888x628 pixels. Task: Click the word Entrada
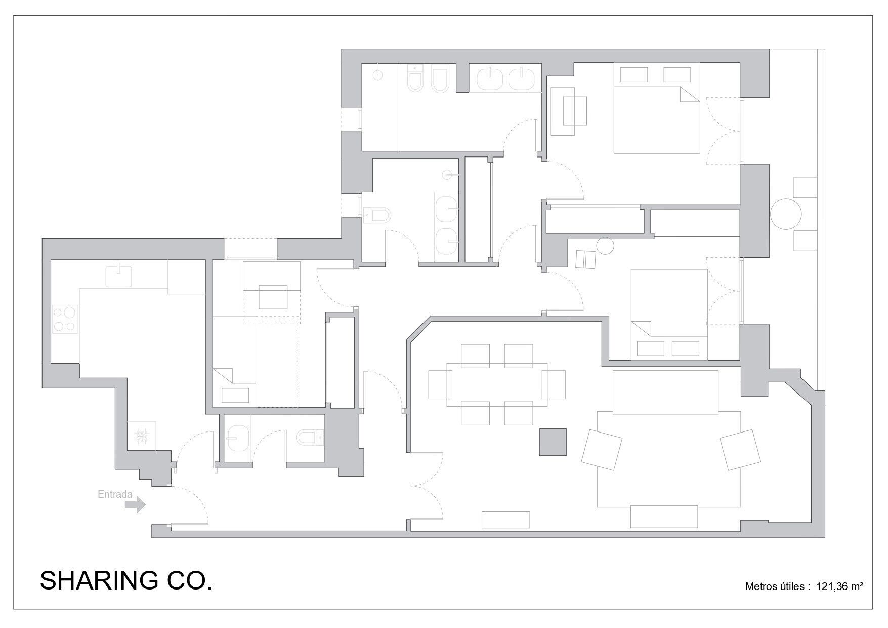pos(115,494)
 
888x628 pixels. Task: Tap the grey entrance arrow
pos(136,505)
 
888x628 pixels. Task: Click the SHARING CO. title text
pos(126,580)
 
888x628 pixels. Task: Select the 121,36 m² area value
pos(839,586)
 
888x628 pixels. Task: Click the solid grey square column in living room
pos(553,442)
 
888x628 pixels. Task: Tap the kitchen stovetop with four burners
pos(66,319)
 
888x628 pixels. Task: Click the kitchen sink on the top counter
pos(118,276)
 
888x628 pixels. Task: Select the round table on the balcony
pos(786,213)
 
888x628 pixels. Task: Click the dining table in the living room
pos(497,385)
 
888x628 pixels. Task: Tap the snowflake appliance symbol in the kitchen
pos(141,435)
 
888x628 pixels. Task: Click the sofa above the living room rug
pos(665,392)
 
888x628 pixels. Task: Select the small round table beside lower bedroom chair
pos(605,246)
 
